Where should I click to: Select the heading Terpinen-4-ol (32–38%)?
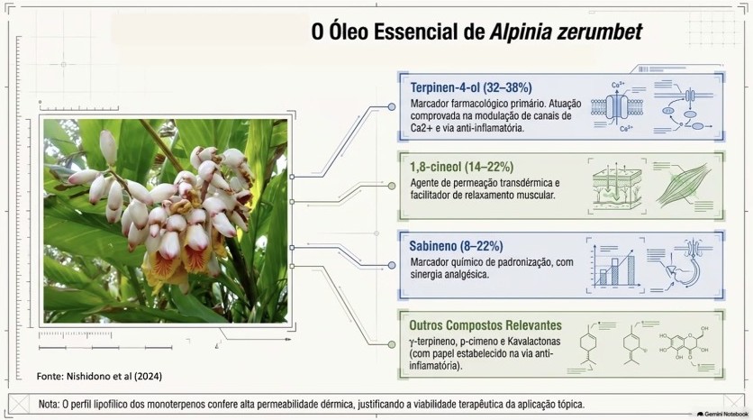(470, 87)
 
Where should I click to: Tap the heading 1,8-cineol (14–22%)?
(461, 167)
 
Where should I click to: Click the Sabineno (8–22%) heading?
(456, 246)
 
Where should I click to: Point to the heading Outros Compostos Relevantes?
(485, 325)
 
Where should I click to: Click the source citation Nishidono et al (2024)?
(99, 376)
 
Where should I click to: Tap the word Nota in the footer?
(49, 404)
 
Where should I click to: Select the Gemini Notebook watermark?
(722, 414)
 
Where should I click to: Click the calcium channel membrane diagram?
(617, 106)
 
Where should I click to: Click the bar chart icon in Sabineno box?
(614, 266)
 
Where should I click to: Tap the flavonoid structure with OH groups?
(685, 345)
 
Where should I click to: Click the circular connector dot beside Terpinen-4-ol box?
(392, 106)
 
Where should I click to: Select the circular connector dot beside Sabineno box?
(392, 265)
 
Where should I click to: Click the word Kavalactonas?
(531, 342)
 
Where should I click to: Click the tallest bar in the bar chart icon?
(631, 270)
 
